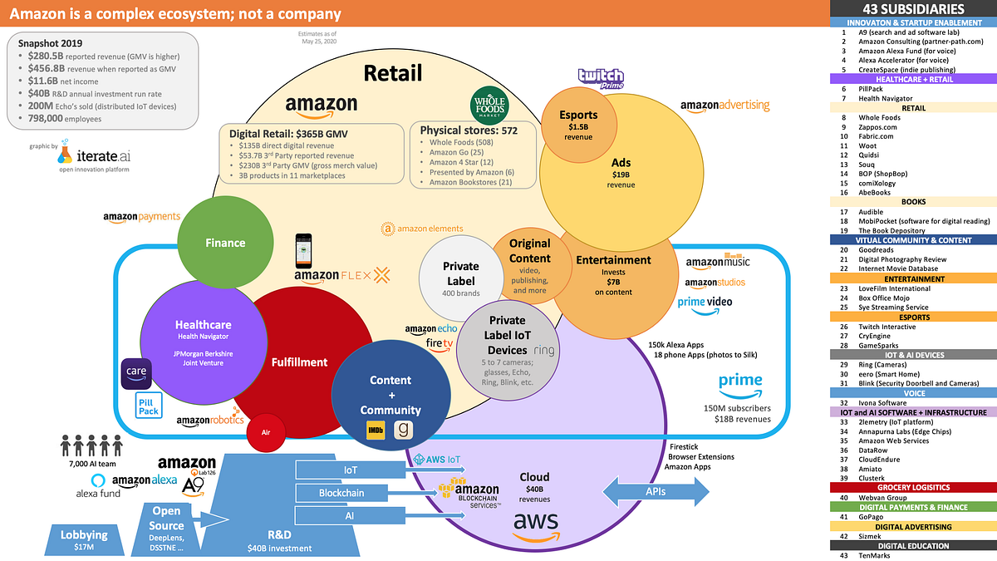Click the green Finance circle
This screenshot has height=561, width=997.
pos(225,243)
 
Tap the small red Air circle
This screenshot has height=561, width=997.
pos(266,433)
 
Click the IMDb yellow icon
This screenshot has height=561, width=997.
pos(375,430)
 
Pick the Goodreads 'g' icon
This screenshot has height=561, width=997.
pos(405,430)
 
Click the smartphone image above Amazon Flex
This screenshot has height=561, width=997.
pos(304,250)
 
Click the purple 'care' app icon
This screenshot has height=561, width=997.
pos(135,373)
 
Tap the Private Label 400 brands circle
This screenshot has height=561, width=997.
pos(460,278)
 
